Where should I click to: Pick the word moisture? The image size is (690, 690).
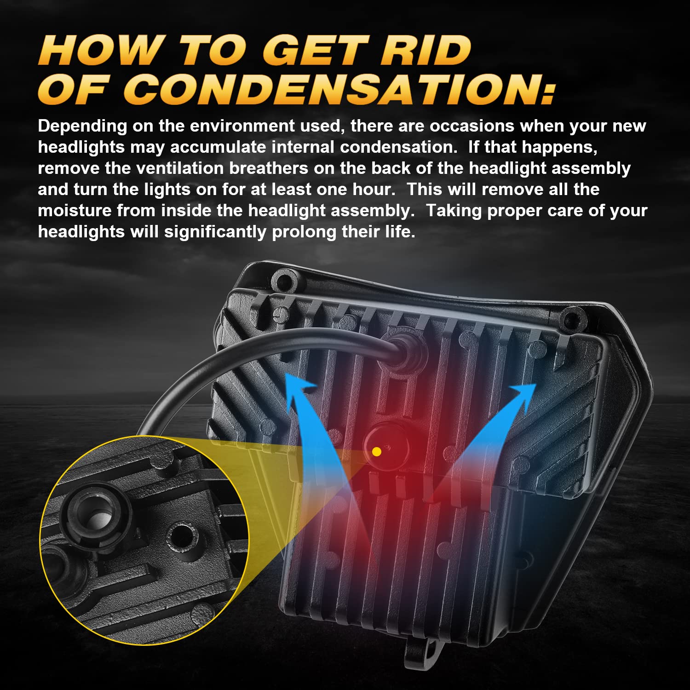tap(75, 211)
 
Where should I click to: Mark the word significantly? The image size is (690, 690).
tap(215, 232)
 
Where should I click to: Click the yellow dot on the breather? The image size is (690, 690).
tap(376, 452)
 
